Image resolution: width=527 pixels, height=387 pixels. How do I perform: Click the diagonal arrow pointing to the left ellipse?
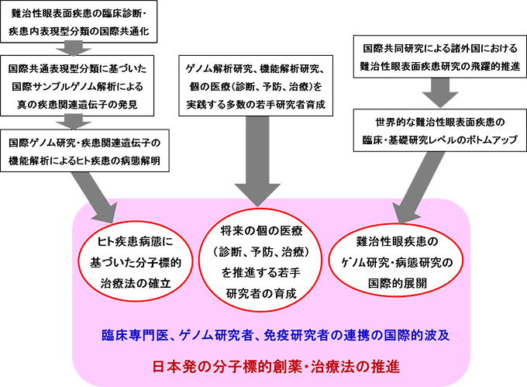[x=100, y=194]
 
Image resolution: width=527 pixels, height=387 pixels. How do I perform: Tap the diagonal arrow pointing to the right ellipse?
[x=418, y=186]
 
